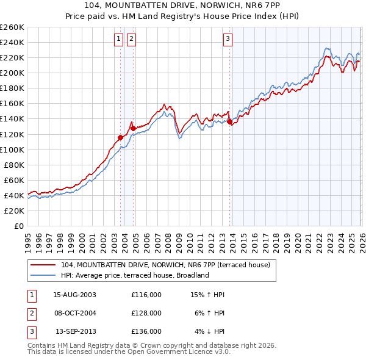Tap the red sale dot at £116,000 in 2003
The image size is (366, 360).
click(120, 137)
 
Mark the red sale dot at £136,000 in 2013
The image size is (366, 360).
click(229, 122)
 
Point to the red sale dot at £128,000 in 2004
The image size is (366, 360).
click(132, 128)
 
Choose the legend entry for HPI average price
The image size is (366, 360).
click(135, 275)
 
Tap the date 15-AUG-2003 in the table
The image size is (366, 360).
click(74, 295)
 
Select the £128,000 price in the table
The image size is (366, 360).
click(146, 312)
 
